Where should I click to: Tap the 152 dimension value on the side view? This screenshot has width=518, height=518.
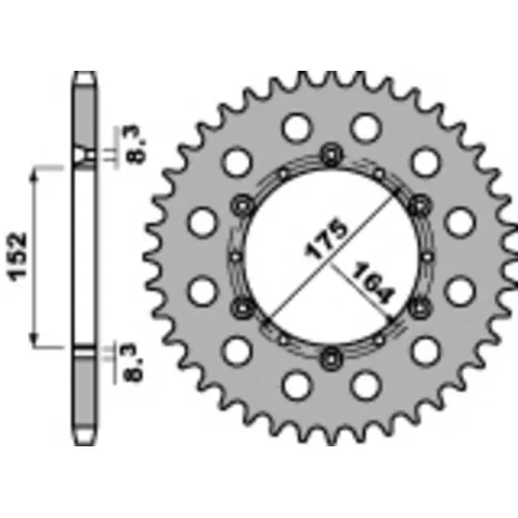tap(20, 254)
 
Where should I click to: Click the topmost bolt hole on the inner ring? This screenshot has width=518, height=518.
tap(329, 155)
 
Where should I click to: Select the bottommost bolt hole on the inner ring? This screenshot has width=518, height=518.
tap(329, 354)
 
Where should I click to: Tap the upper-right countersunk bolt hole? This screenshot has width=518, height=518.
tap(421, 205)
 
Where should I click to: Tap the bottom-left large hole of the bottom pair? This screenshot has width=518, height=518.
tap(294, 382)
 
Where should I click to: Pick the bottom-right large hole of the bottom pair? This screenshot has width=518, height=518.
tap(366, 382)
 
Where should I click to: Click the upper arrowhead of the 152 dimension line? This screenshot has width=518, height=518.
tap(35, 173)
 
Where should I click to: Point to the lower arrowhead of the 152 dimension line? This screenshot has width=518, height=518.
tap(35, 338)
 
